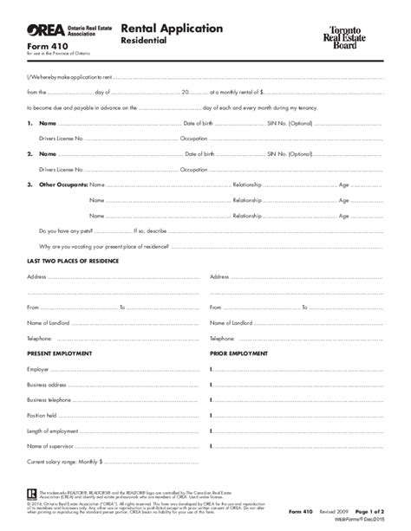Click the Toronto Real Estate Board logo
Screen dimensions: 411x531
[x=357, y=37]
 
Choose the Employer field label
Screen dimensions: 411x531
[x=39, y=346]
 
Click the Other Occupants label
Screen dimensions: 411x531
[x=62, y=185]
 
